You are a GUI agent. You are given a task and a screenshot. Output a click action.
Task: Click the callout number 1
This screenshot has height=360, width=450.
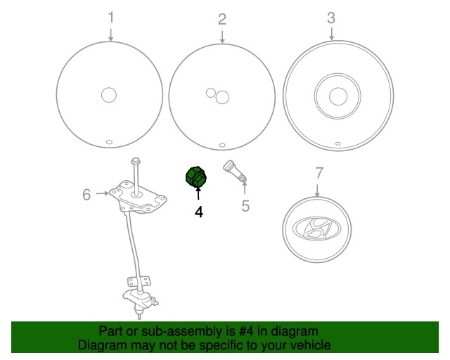(111, 17)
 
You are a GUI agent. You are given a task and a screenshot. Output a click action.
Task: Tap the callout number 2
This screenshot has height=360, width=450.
(222, 20)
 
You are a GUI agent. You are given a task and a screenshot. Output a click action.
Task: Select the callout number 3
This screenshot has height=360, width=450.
(331, 18)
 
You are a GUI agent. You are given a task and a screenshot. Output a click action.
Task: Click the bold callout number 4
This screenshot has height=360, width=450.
(199, 212)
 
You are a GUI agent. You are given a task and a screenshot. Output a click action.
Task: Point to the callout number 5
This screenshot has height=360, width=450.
(245, 206)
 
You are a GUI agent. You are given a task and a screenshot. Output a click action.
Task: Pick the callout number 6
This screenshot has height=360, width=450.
(86, 194)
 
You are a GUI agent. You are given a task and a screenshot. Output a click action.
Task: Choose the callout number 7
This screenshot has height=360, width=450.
(319, 173)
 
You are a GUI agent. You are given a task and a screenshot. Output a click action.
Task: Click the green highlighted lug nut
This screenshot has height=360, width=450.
(196, 176)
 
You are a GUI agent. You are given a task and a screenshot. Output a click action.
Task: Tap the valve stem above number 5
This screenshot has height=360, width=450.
(234, 171)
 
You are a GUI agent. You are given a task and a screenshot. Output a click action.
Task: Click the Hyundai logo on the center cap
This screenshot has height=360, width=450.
(316, 229)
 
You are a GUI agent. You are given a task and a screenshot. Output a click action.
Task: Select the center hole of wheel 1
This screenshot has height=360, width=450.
(109, 95)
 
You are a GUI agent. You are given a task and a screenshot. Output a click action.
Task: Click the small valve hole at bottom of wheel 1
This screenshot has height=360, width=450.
(110, 142)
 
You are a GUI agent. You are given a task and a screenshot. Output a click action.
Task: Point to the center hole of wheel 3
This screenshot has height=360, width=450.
(338, 96)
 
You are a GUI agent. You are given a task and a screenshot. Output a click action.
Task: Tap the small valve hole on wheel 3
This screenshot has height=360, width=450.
(337, 143)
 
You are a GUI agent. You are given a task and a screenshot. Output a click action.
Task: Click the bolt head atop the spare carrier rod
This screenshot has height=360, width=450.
(135, 160)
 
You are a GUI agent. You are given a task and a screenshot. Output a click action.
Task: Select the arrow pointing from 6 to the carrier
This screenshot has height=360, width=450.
(102, 193)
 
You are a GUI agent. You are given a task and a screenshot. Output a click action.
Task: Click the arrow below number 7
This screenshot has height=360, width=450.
(317, 191)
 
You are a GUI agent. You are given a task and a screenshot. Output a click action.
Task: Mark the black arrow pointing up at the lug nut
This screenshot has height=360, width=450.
(198, 193)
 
